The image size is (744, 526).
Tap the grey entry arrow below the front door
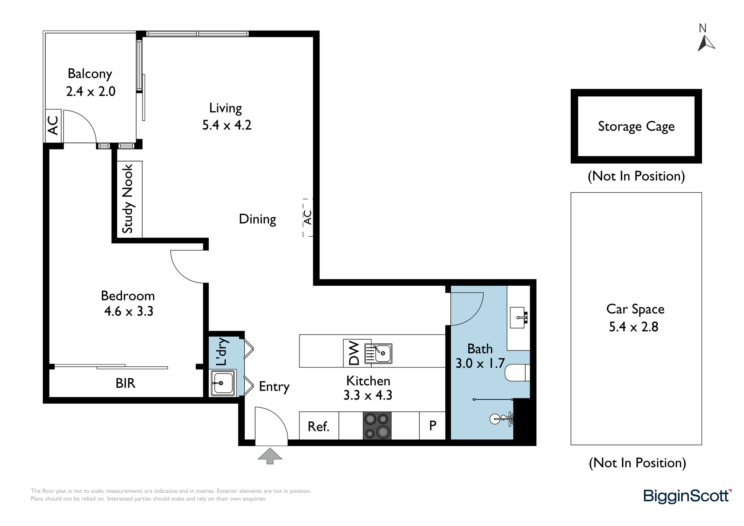coord(270,456)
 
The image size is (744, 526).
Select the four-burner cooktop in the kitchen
coord(377,426)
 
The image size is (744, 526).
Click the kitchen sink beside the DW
coord(378,353)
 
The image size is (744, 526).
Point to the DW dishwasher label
coord(354,353)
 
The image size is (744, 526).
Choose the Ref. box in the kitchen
coord(319,426)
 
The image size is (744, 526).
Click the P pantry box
coord(432,426)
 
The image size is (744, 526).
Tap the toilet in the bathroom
coord(517,373)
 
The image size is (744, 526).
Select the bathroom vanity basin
coord(518,317)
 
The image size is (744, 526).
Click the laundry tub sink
coord(222,383)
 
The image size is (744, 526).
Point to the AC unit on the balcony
coord(53,126)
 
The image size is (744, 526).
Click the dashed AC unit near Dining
coord(308,218)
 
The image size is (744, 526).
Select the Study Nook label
coord(127,199)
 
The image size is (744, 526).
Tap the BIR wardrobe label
coord(125,383)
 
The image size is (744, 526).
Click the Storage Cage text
coord(636,126)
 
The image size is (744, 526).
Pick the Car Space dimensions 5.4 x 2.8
coord(634,327)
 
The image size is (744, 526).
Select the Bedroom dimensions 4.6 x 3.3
coord(129,311)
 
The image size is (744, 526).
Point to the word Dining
coord(257,219)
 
